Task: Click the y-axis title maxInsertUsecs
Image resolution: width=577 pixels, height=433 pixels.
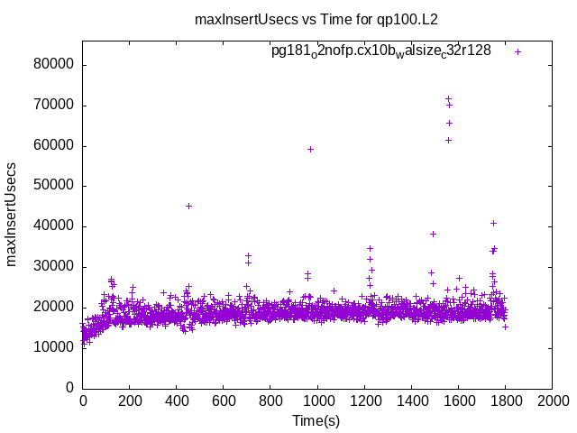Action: point(12,214)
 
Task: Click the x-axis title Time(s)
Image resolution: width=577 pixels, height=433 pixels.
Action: point(316,420)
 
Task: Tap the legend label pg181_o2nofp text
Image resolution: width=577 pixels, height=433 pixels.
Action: point(381,51)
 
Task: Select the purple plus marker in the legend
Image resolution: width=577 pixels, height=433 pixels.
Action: point(517,51)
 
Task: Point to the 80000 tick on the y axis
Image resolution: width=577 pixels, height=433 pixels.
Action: point(54,65)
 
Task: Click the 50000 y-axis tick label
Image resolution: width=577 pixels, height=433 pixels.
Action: point(54,186)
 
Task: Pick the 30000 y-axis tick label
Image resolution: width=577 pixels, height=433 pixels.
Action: point(54,266)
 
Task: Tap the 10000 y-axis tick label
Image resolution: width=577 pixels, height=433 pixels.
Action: point(54,347)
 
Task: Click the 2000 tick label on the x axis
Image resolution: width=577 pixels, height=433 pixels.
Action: point(552,402)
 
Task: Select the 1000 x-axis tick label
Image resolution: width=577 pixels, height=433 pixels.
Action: point(317,402)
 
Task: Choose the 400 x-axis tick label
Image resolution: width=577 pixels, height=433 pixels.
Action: point(177,402)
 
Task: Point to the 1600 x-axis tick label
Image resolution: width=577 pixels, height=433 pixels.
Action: point(458,402)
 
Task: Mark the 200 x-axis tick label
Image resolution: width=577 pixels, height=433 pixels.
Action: point(130,402)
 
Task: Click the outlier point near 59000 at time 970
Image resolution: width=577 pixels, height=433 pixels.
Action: point(310,149)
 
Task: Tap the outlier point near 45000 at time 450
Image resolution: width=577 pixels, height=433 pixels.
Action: point(188,206)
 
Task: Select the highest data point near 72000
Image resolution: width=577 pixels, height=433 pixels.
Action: point(448,98)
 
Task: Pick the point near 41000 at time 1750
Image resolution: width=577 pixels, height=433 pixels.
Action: point(493,223)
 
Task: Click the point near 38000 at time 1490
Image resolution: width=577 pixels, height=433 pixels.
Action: point(433,234)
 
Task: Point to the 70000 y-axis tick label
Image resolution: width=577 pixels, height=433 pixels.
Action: point(54,106)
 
